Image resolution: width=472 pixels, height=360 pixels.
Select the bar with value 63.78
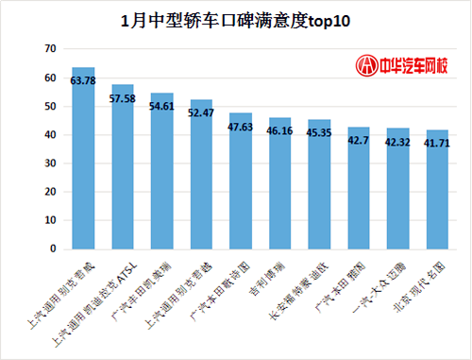point(83,161)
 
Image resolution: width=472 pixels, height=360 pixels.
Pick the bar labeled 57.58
point(122,170)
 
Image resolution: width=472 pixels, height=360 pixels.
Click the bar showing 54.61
point(161,175)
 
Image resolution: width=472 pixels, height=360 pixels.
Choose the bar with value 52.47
point(201,178)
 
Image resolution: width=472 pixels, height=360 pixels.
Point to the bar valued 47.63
point(241,184)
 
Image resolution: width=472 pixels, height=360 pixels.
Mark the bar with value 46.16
point(279,187)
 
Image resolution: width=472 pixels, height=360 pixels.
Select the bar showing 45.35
point(319,188)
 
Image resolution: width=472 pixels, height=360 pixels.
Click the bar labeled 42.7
point(359,192)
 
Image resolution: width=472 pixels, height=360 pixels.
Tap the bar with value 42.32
point(397,193)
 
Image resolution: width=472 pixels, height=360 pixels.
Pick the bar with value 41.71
point(437,194)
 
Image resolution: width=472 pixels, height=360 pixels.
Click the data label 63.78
point(83,80)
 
